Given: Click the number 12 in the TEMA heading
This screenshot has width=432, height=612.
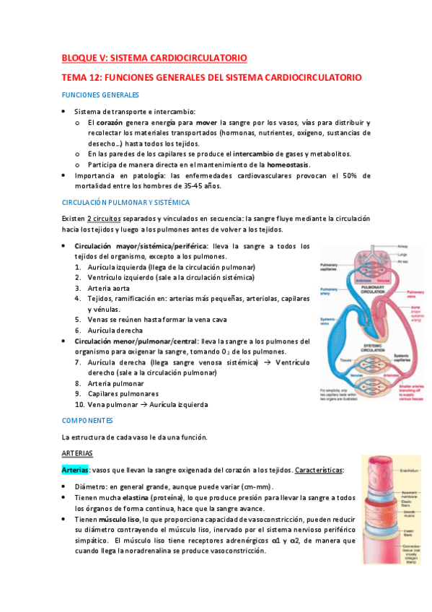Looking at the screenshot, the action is coord(97,77).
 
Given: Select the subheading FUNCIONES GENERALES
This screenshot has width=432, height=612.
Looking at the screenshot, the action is coord(100,95).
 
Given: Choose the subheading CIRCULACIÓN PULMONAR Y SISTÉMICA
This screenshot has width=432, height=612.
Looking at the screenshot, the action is coord(125,203).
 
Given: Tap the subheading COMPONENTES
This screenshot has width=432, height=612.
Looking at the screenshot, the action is coord(87,419).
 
